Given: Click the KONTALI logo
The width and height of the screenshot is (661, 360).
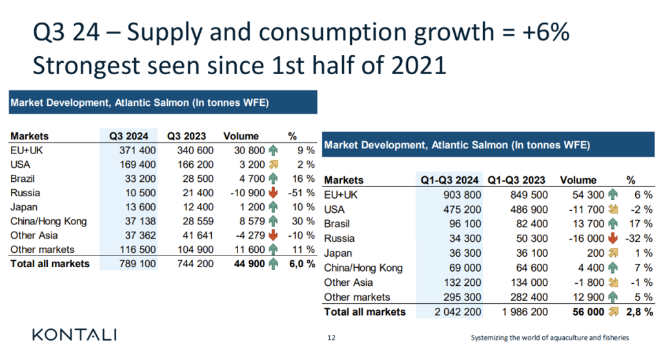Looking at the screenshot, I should (x=74, y=334).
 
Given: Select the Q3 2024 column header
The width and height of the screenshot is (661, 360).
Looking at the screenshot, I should (x=128, y=136).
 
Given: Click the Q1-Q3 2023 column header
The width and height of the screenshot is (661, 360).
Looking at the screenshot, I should (x=517, y=180).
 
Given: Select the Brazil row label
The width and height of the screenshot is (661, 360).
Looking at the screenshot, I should (x=23, y=179).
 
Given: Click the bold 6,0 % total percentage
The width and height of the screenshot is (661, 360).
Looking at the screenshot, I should (x=301, y=263).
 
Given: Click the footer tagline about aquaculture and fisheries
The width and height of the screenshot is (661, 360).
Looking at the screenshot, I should (x=549, y=337).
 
